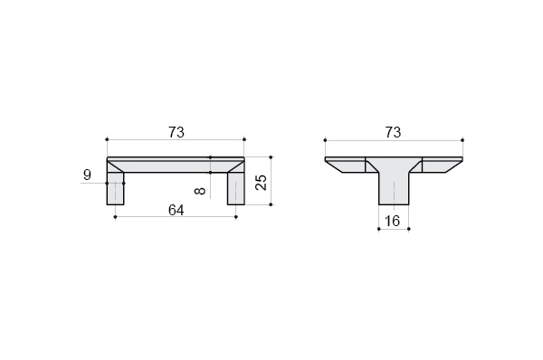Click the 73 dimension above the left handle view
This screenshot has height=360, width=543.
pyautogui.click(x=176, y=132)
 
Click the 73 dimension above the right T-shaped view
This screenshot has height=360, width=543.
pyautogui.click(x=393, y=132)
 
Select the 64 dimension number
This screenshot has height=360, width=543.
pyautogui.click(x=176, y=210)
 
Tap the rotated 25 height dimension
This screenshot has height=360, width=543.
pyautogui.click(x=262, y=182)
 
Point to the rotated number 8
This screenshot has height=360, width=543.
pyautogui.click(x=201, y=191)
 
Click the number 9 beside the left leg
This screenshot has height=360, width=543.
pyautogui.click(x=87, y=175)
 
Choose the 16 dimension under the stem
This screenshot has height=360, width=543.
pyautogui.click(x=393, y=221)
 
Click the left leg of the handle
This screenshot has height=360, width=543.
pyautogui.click(x=115, y=188)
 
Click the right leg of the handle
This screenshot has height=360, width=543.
pyautogui.click(x=236, y=188)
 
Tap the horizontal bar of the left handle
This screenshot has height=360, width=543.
pyautogui.click(x=176, y=165)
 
